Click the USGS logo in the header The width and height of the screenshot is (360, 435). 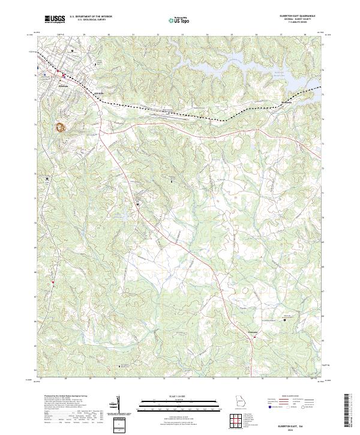(55, 20)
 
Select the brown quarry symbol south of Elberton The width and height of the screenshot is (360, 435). (61, 127)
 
